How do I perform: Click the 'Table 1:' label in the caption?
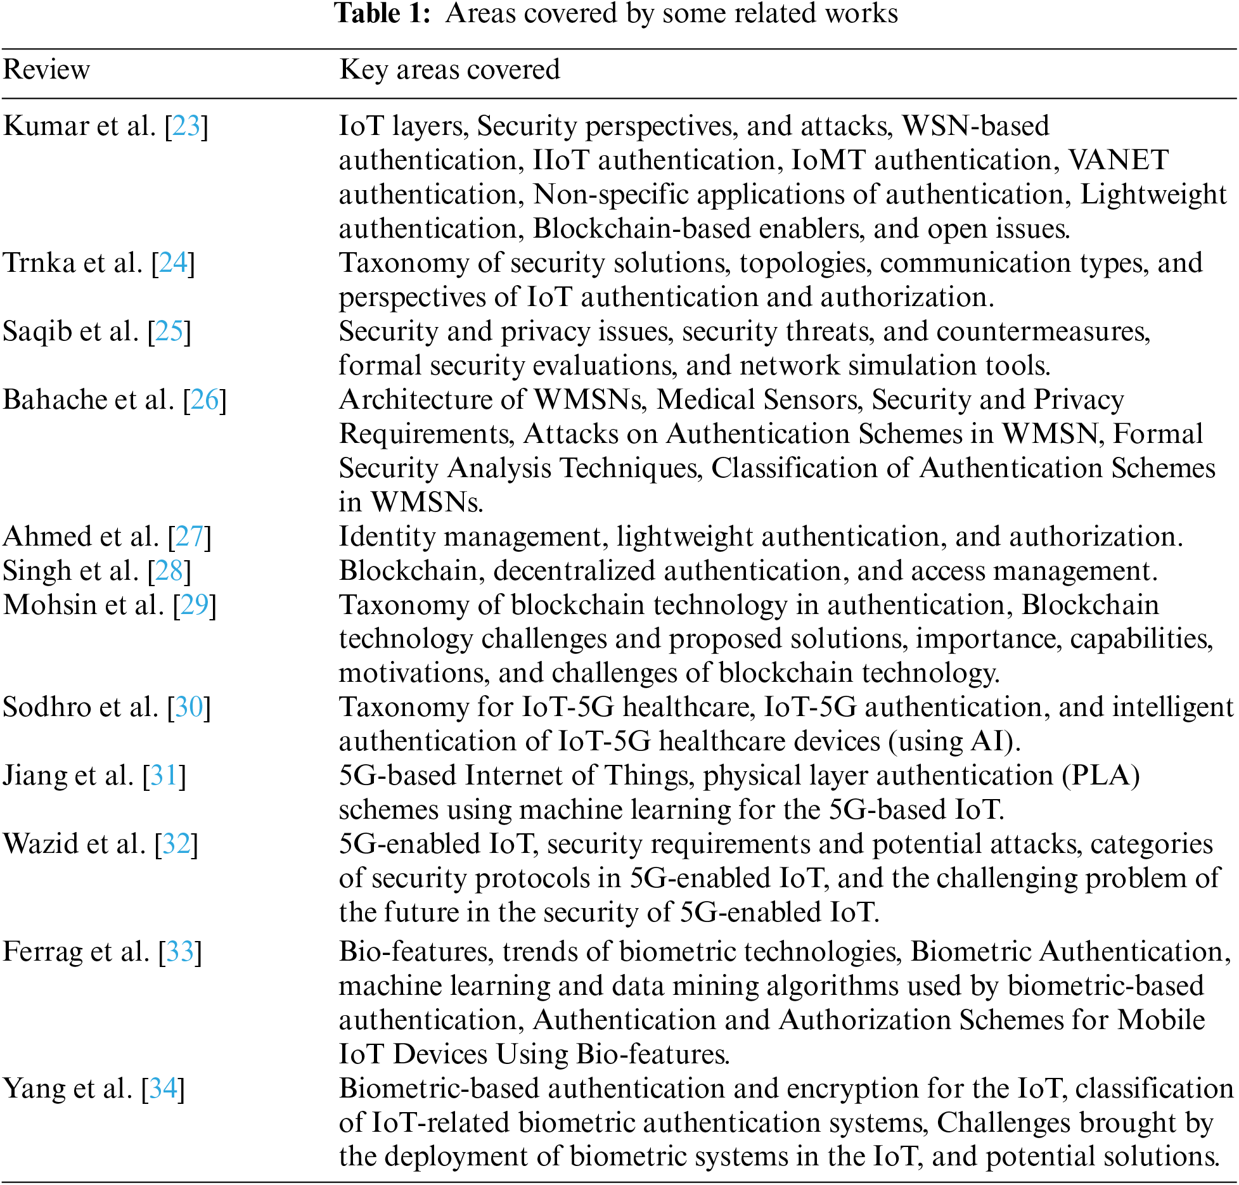click(x=383, y=14)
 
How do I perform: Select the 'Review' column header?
click(x=46, y=70)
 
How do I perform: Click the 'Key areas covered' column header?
click(x=449, y=70)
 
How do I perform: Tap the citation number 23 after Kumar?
click(x=186, y=126)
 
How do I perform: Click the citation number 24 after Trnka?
click(x=173, y=263)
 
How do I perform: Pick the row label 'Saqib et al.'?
click(x=70, y=331)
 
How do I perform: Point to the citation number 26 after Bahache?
click(x=205, y=400)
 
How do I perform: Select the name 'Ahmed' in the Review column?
click(x=48, y=537)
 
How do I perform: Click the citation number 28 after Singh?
click(x=169, y=571)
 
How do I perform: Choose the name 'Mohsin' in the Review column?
click(x=50, y=605)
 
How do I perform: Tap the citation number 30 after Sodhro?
click(x=189, y=708)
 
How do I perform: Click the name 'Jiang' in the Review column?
click(x=34, y=776)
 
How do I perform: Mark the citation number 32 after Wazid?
click(x=176, y=845)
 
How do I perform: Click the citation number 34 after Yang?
click(x=163, y=1089)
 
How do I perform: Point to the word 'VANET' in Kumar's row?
click(x=1119, y=160)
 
